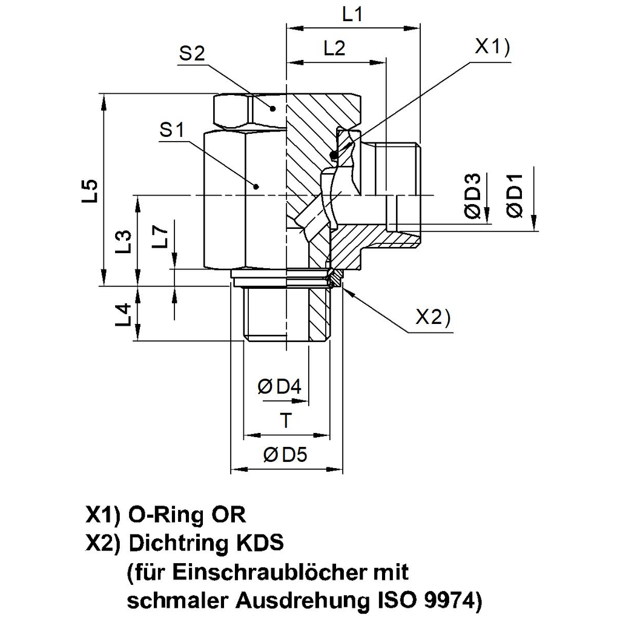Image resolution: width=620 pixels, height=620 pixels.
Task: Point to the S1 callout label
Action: tap(173, 130)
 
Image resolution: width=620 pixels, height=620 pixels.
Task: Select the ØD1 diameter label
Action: tap(515, 196)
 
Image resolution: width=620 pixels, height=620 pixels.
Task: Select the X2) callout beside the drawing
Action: tap(433, 317)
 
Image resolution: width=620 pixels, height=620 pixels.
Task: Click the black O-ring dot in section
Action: tap(334, 156)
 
